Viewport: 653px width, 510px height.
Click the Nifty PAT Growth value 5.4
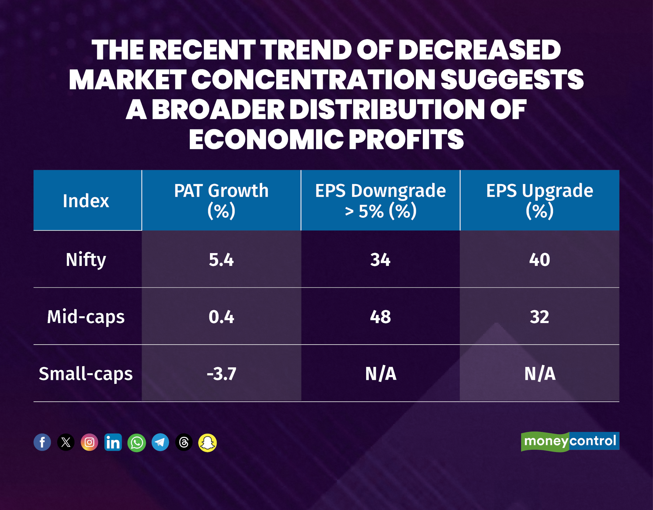coord(221,259)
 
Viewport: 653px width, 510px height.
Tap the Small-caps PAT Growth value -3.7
coord(221,374)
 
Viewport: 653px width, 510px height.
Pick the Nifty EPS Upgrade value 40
coord(539,259)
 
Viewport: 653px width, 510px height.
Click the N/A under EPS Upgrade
coord(539,374)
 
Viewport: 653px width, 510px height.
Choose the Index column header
coord(86,201)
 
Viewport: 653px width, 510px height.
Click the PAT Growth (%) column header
coord(221,201)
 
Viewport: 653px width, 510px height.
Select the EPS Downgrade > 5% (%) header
coord(380,201)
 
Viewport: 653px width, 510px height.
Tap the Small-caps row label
coord(85,374)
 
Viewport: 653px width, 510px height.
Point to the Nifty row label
coord(85,259)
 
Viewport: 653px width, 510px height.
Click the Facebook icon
coord(42,442)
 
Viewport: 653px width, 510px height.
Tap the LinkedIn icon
coord(113,442)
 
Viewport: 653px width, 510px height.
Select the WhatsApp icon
coord(136,443)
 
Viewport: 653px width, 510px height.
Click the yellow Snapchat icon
coord(207,443)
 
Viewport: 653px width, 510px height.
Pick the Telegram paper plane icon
coord(160,442)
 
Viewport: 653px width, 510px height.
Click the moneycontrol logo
coord(570,441)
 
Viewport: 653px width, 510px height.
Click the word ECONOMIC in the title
coord(266,140)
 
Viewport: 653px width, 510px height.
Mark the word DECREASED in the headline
coord(479,50)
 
